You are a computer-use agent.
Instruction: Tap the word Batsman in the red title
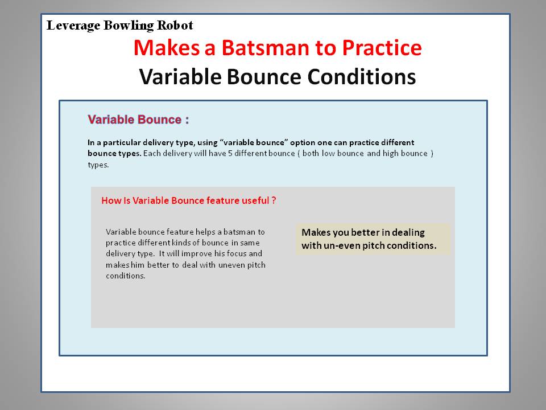pos(266,47)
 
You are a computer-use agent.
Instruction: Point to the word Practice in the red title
pos(382,47)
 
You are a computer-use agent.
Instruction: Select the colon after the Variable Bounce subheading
pos(187,120)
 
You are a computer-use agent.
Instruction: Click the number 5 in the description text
pos(230,153)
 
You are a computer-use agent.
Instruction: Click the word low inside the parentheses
pos(328,153)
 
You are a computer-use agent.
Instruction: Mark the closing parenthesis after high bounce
pos(432,154)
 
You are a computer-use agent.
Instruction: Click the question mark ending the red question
pos(274,200)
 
